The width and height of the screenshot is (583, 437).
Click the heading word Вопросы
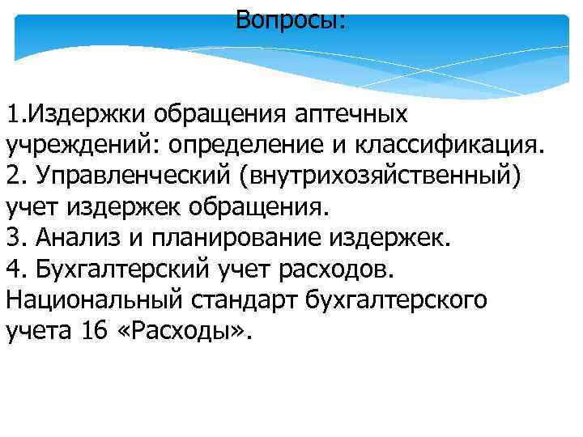(289, 19)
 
